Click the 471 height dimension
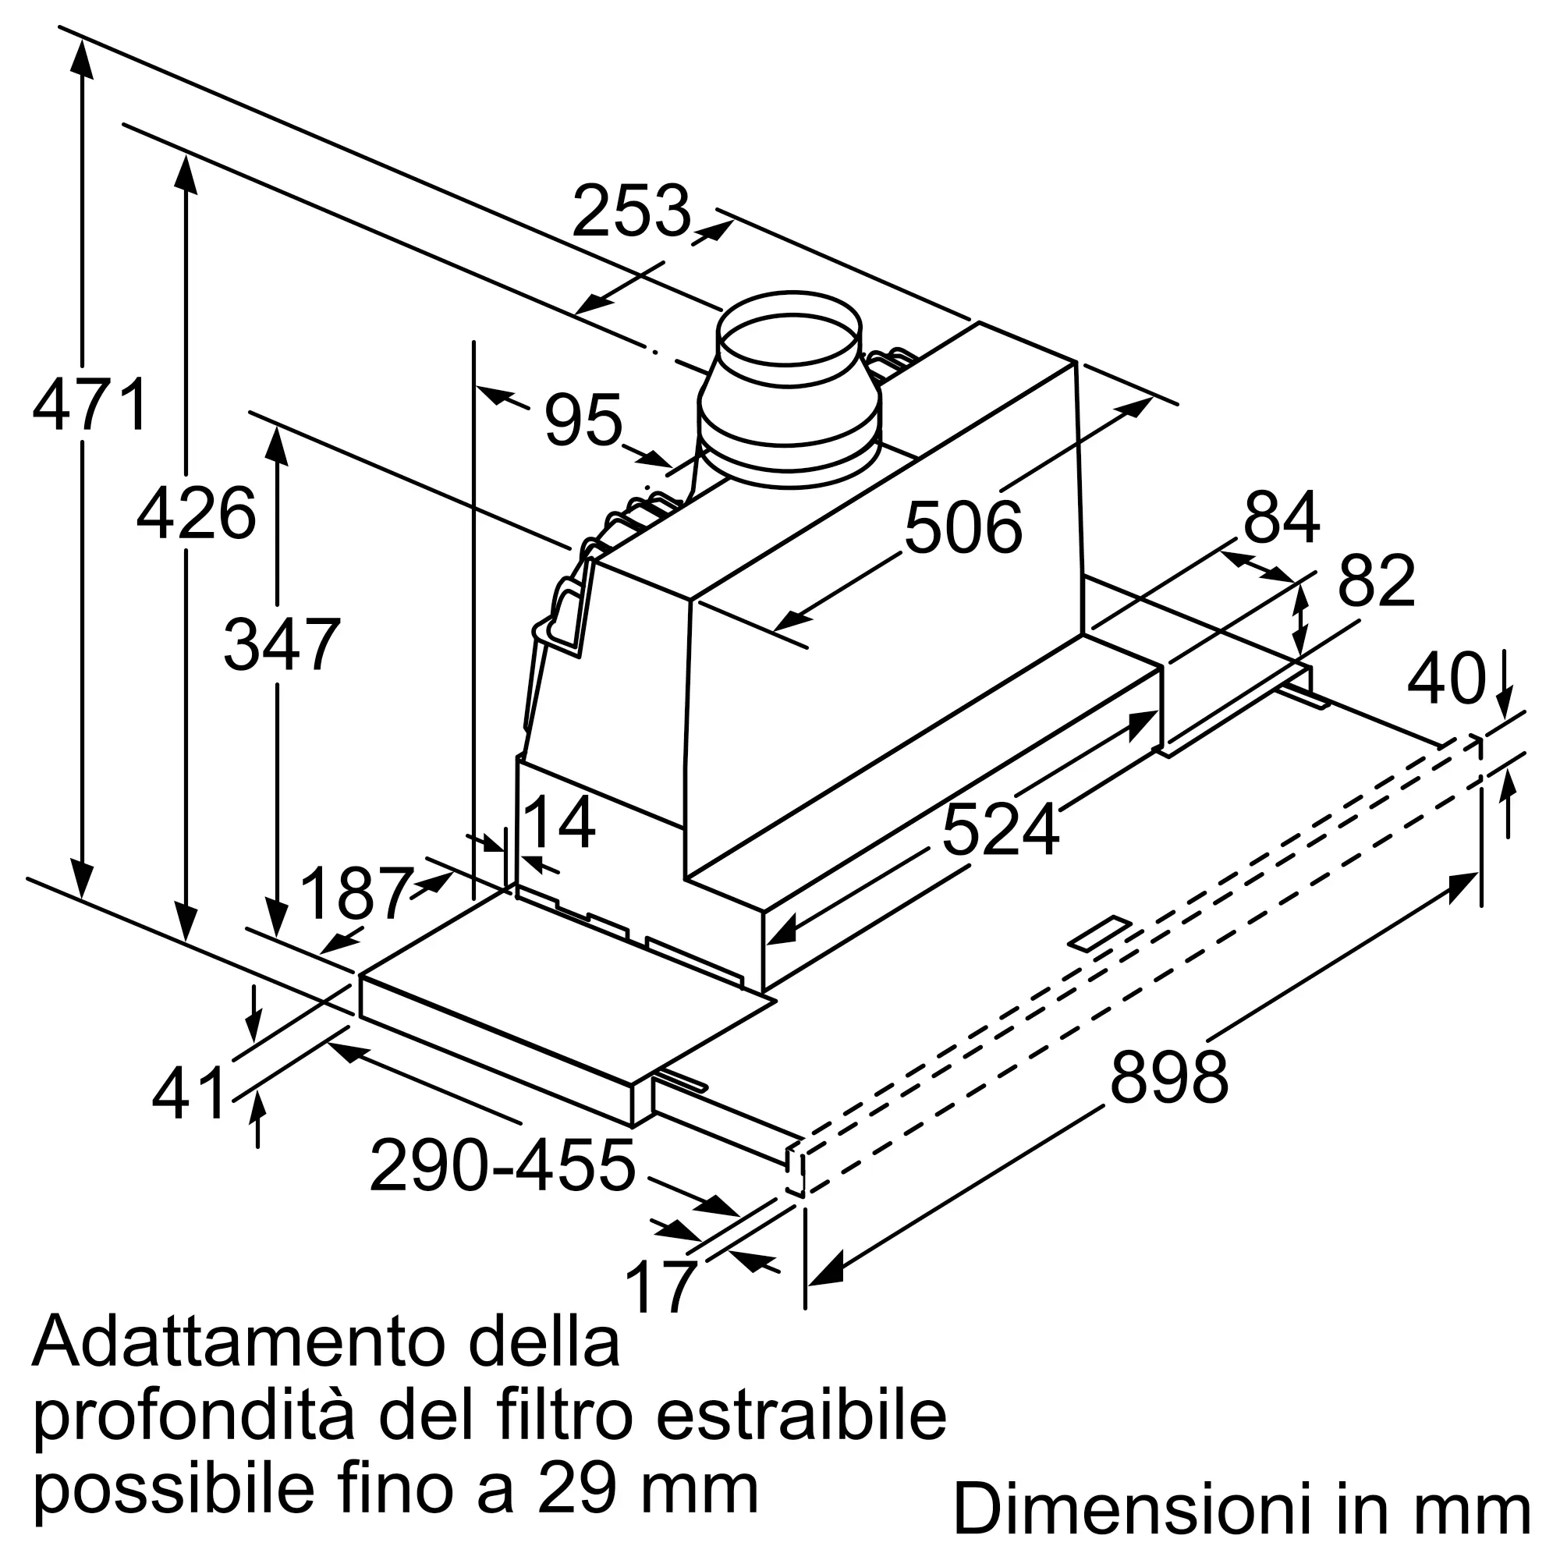(x=90, y=404)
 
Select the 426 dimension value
(x=197, y=513)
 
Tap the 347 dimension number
(x=282, y=644)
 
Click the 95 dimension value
(x=583, y=420)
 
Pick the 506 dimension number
(x=963, y=528)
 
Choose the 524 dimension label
(x=1000, y=830)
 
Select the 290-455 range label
(x=502, y=1166)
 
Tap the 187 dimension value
(x=357, y=893)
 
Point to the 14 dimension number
(x=559, y=823)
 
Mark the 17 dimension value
(x=661, y=1287)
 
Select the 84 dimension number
(x=1282, y=518)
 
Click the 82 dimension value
(x=1377, y=581)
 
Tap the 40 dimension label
(x=1445, y=679)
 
